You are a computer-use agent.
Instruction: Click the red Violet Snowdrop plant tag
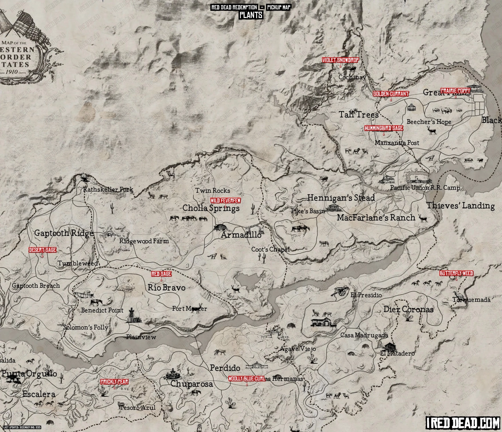(x=340, y=60)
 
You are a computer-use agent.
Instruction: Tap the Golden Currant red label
(x=391, y=94)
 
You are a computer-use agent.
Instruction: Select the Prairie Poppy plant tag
(x=455, y=91)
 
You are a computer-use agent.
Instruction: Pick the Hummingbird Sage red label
(x=384, y=128)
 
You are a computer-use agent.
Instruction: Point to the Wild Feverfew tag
(x=226, y=200)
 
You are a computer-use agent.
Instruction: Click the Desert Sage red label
(x=42, y=250)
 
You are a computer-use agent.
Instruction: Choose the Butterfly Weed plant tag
(x=456, y=273)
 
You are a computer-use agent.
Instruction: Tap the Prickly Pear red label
(x=114, y=381)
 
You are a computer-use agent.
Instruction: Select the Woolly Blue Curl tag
(x=247, y=379)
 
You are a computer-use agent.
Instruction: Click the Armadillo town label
(x=241, y=235)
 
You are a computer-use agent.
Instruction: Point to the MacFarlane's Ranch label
(x=376, y=217)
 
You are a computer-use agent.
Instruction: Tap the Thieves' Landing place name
(x=460, y=206)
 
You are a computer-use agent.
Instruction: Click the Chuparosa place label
(x=191, y=384)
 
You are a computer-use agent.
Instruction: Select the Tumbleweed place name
(x=78, y=263)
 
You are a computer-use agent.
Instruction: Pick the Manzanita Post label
(x=397, y=143)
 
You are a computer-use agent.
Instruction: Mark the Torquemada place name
(x=471, y=300)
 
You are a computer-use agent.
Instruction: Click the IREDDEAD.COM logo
(x=462, y=423)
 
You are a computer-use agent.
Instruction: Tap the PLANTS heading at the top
(x=251, y=15)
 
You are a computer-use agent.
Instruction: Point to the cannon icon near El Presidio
(x=340, y=291)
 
